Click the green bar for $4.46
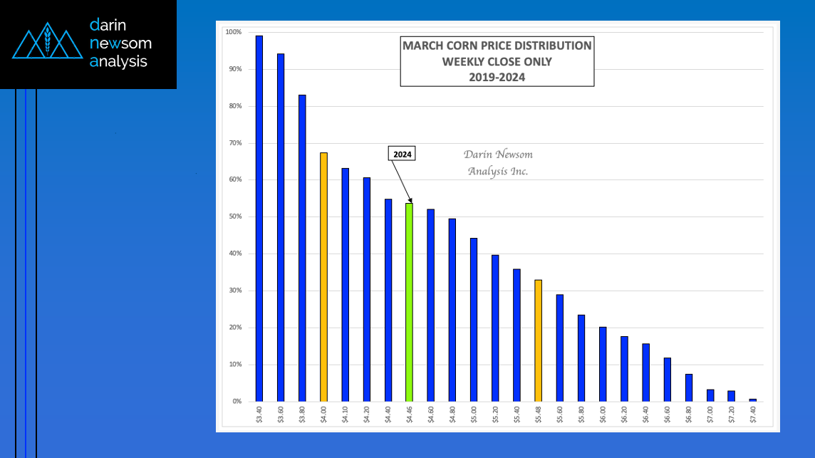point(409,302)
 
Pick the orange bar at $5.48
point(538,340)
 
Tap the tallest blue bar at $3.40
point(259,218)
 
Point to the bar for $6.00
point(603,364)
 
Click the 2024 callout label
point(403,154)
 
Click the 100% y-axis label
point(233,32)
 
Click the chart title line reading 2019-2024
point(497,77)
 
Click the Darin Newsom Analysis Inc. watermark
point(498,162)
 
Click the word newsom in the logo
point(120,43)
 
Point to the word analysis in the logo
point(118,61)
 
